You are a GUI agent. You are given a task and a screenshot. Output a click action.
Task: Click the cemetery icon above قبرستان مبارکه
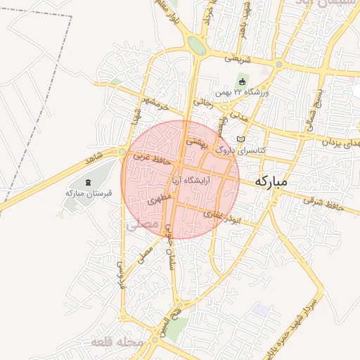click(x=88, y=183)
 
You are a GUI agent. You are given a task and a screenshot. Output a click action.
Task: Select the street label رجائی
click(x=202, y=103)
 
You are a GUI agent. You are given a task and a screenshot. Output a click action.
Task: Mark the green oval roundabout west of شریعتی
click(x=197, y=46)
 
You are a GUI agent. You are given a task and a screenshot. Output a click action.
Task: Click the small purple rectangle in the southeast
click(x=262, y=309)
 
